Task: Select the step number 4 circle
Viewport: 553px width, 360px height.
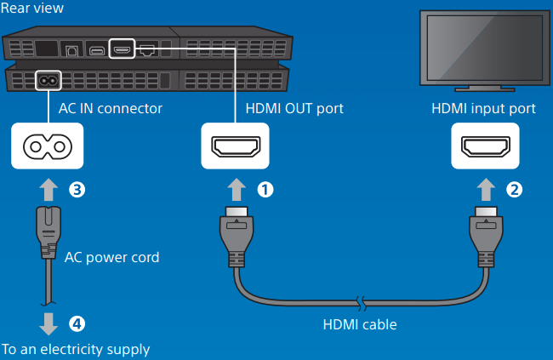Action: point(77,323)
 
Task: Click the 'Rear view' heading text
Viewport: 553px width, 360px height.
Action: point(32,9)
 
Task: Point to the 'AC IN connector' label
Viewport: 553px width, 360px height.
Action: point(110,109)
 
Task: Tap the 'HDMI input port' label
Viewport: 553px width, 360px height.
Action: point(483,109)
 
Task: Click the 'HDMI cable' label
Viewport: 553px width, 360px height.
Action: point(360,324)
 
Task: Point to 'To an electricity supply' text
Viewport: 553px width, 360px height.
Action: point(76,349)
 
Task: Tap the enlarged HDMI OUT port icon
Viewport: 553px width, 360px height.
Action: point(235,146)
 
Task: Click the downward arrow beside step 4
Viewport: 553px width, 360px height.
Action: point(48,323)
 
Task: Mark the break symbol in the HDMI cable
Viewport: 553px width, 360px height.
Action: point(361,301)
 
